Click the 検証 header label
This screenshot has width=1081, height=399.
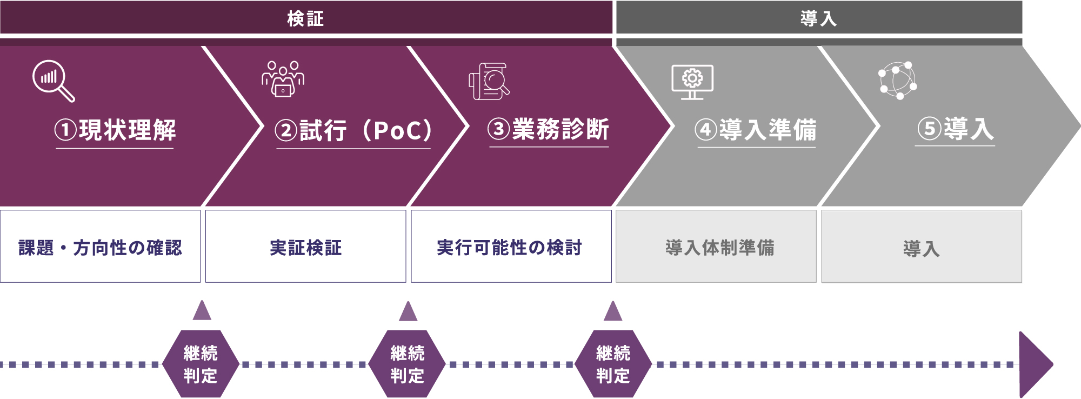[305, 18]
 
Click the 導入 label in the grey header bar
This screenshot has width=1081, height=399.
[818, 18]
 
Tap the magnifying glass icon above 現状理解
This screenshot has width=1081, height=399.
[53, 81]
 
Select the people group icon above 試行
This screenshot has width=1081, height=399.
[283, 79]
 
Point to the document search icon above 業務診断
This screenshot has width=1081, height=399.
[489, 81]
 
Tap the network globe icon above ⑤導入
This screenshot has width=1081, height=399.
[897, 81]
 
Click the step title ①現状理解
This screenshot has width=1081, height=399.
[115, 130]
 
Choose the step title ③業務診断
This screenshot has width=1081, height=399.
[549, 129]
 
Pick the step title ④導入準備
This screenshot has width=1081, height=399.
[756, 130]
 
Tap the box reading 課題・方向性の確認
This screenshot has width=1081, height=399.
[100, 247]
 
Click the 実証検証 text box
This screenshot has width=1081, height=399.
[305, 247]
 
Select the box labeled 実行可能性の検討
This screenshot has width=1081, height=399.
[511, 247]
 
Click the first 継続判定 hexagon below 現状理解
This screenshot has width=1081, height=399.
[201, 364]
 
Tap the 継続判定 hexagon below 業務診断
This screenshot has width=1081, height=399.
[613, 364]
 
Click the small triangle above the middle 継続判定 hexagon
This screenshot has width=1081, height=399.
[408, 312]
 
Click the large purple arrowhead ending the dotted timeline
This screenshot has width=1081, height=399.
[1033, 364]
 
